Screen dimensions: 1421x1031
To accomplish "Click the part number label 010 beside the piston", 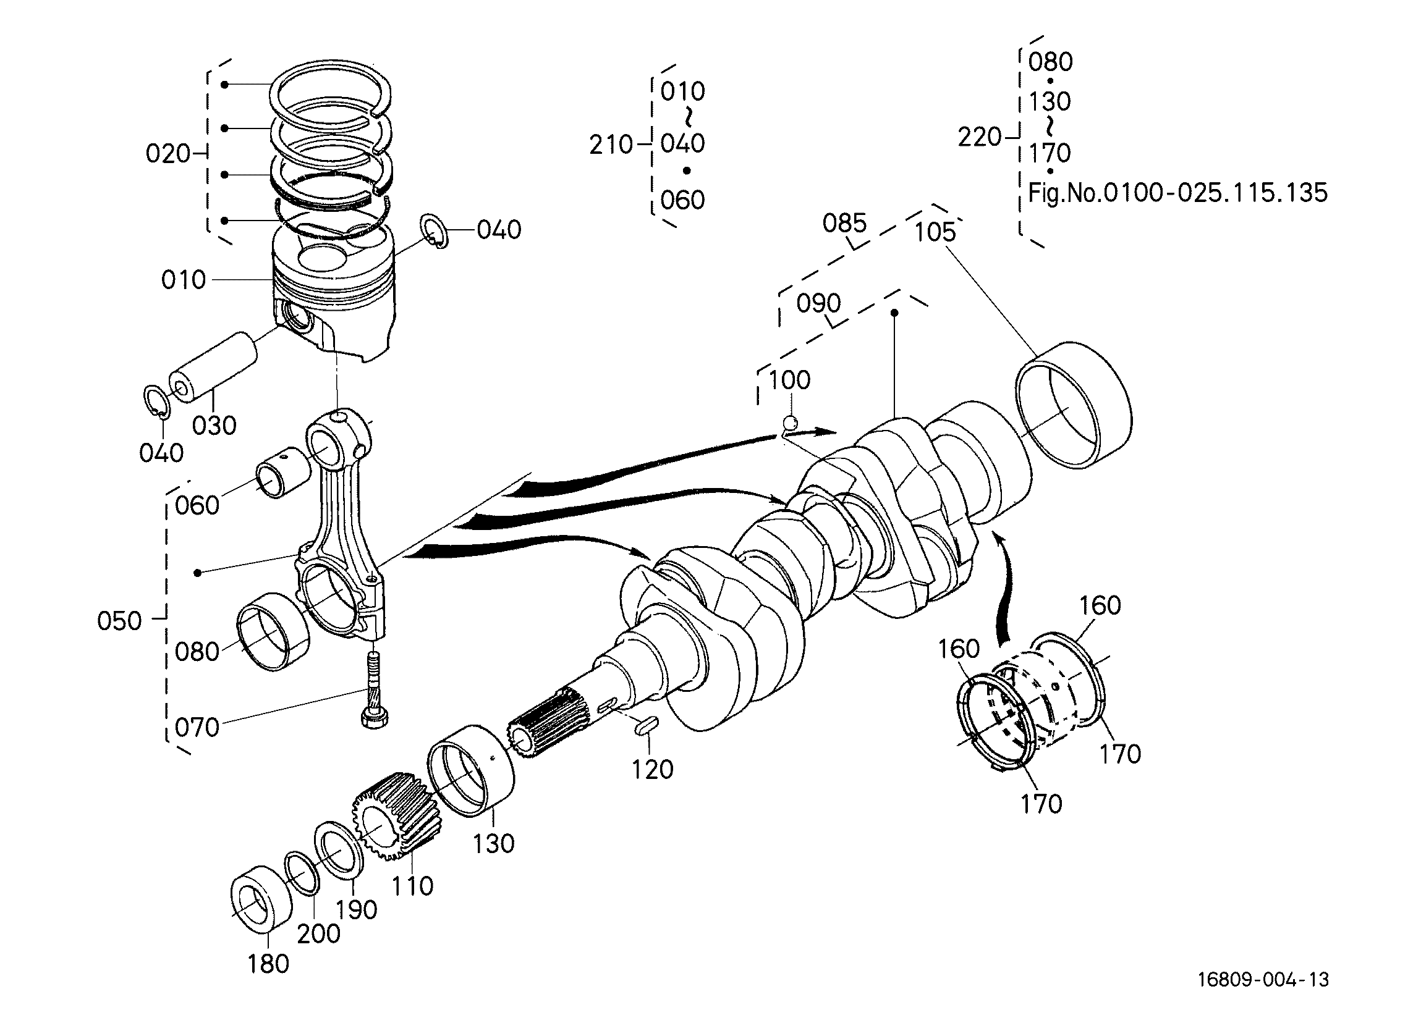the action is point(183,279).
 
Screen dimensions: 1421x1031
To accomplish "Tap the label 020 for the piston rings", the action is point(168,153).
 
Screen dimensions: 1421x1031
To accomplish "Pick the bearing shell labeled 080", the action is point(273,631).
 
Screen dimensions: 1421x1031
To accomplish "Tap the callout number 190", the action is point(355,909).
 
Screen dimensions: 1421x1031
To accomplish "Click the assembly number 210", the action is point(611,145).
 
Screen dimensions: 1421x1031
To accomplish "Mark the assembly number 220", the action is point(979,137).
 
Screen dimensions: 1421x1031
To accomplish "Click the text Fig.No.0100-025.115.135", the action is point(1177,192).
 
